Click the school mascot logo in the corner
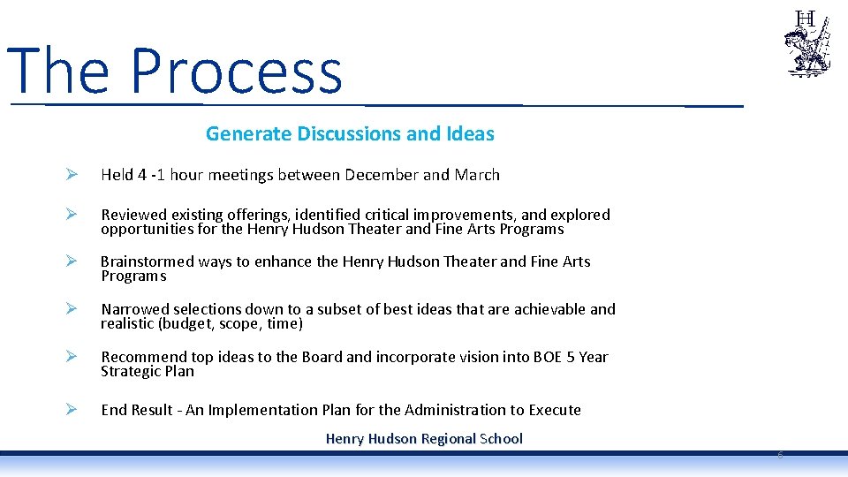point(806,44)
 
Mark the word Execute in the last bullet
point(555,410)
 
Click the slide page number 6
point(780,455)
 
